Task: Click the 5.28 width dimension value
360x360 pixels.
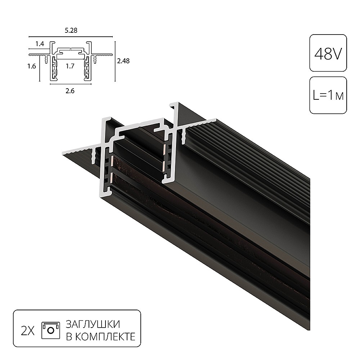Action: (71, 31)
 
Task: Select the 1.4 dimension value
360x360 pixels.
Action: (40, 44)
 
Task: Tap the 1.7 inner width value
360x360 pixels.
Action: (71, 66)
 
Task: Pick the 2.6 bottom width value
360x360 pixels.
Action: (71, 91)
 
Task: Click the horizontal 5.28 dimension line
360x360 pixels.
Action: (71, 37)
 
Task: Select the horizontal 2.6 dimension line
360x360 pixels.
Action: (71, 85)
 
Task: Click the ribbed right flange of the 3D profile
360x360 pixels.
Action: (252, 151)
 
